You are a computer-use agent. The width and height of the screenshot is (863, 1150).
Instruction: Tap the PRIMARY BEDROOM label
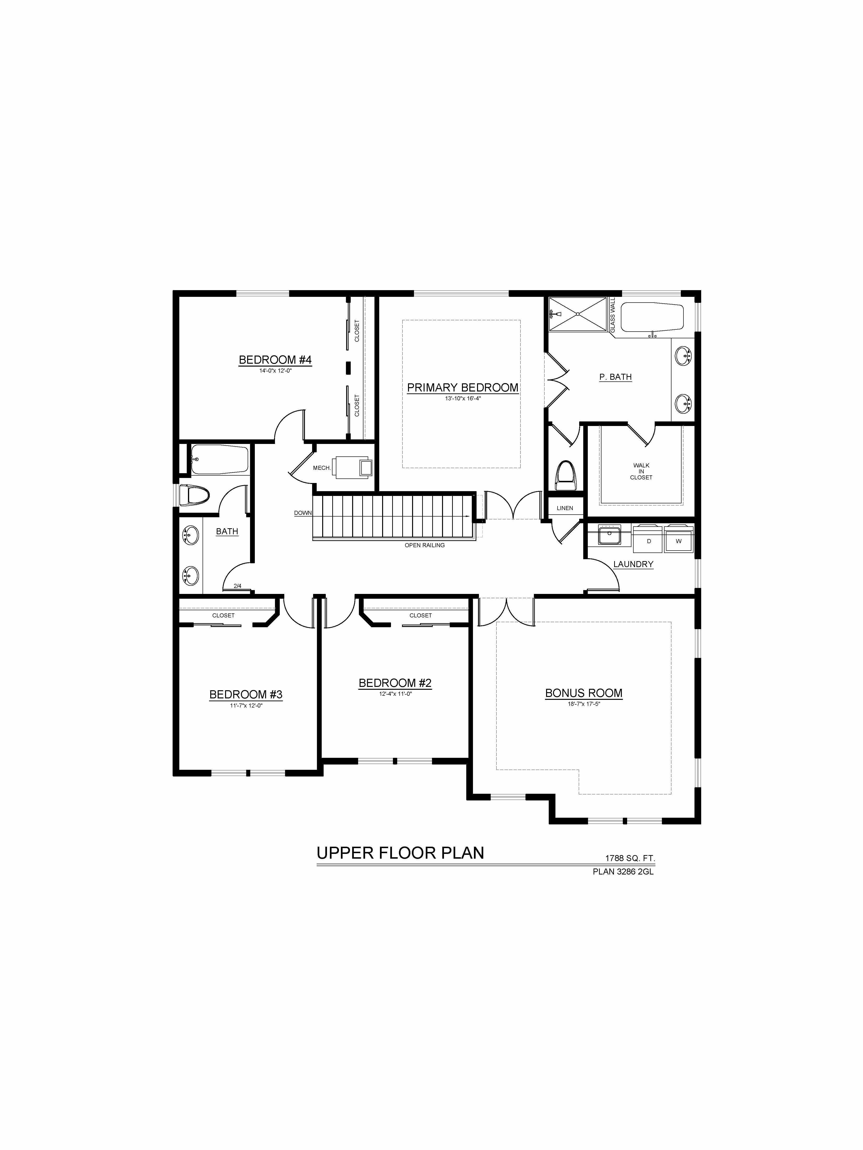[462, 387]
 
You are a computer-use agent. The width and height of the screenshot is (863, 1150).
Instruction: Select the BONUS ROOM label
[584, 693]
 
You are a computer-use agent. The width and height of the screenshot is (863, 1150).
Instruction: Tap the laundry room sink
[609, 535]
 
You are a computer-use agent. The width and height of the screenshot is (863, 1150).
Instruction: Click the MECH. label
[321, 468]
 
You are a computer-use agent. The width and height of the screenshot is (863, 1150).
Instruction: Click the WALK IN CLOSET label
[641, 471]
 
